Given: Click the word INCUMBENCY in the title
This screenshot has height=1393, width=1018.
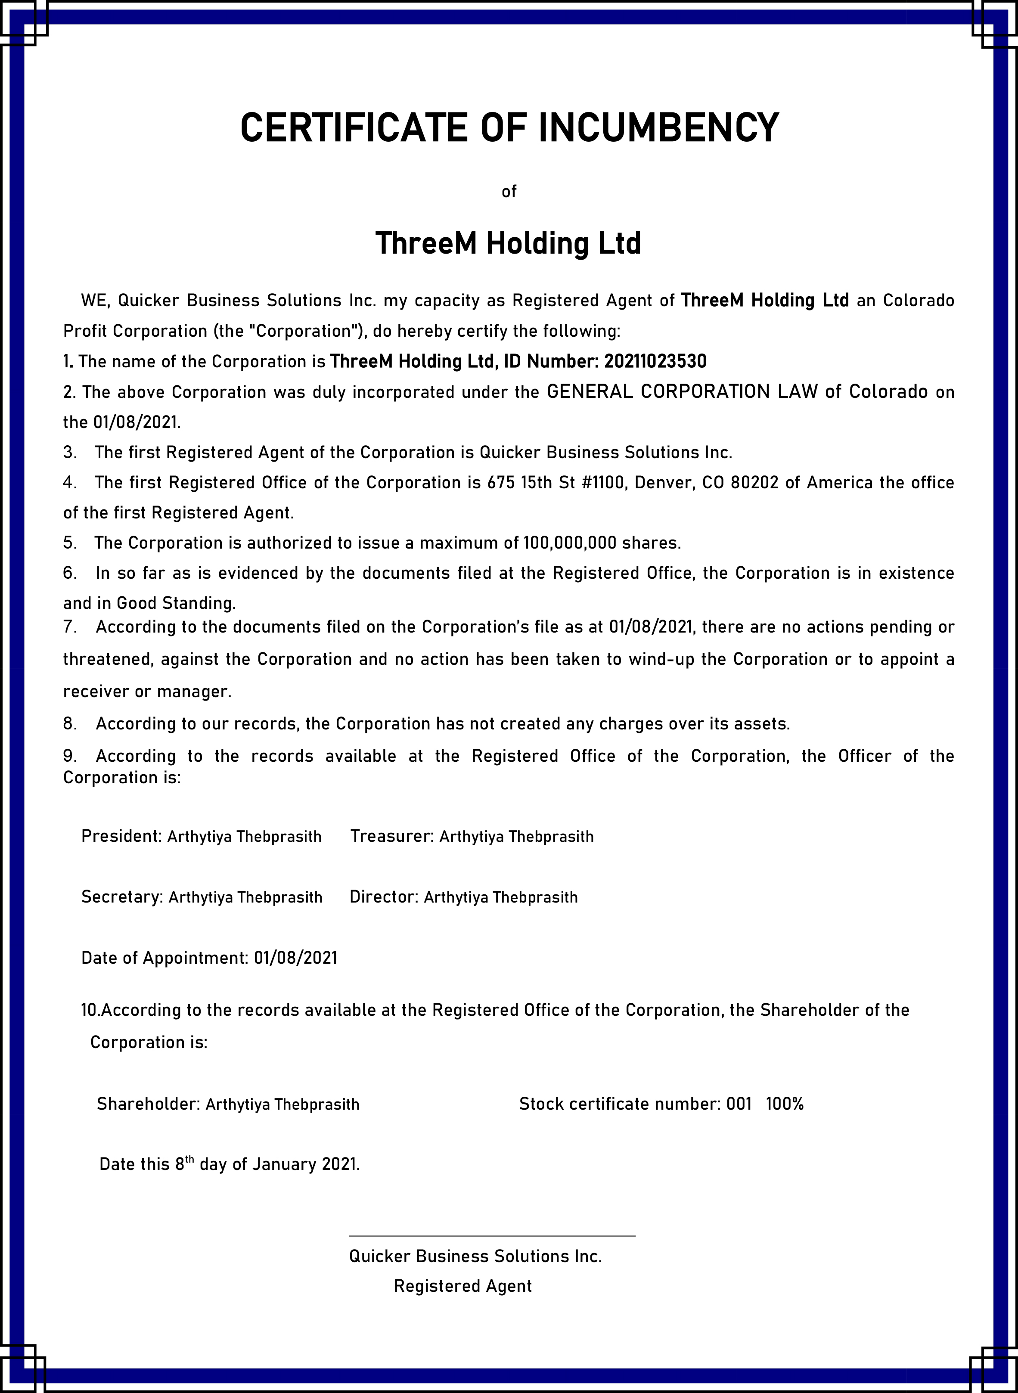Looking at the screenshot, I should (659, 128).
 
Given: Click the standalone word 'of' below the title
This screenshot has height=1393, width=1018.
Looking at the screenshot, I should (509, 192).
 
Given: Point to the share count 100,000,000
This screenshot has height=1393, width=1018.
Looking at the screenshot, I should (570, 543).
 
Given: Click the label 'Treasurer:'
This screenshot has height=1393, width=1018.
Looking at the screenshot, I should (392, 836).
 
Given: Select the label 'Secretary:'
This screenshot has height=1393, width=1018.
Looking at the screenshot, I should (122, 897).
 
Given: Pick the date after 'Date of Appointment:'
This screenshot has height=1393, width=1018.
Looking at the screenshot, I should (296, 957).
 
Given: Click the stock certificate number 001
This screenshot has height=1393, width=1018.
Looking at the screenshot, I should (739, 1104).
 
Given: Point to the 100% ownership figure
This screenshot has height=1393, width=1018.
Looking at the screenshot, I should (785, 1104).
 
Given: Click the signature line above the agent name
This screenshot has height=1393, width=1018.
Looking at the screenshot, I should (492, 1235).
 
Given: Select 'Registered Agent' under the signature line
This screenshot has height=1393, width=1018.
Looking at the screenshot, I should (463, 1286).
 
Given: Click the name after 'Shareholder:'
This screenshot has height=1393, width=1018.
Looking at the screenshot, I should (282, 1104).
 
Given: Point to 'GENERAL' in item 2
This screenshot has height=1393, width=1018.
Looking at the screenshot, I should (590, 392).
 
